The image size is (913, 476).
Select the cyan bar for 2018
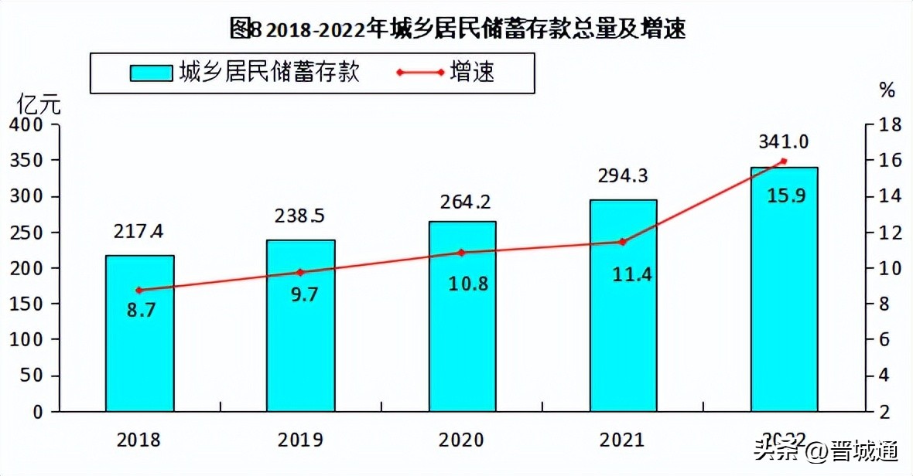click(x=139, y=332)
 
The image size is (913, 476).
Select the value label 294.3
click(x=623, y=176)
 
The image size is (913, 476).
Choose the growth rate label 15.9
click(x=784, y=195)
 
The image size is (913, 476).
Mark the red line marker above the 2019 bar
click(x=301, y=272)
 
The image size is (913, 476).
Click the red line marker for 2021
click(x=623, y=242)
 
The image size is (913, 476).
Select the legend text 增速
click(x=471, y=73)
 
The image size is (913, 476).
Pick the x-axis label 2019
click(x=301, y=440)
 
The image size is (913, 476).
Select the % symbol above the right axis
click(x=887, y=90)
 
